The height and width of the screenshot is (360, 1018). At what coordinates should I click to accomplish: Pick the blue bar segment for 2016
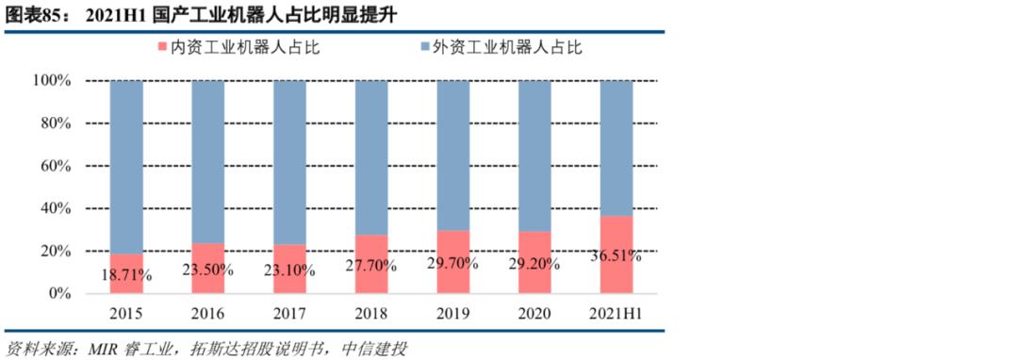click(207, 161)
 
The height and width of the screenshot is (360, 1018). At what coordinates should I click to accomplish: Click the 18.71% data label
click(126, 274)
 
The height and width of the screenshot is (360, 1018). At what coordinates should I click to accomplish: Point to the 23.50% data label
click(207, 266)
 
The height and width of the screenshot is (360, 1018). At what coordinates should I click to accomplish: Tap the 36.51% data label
click(616, 255)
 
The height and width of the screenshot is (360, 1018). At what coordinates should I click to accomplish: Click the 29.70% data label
click(452, 264)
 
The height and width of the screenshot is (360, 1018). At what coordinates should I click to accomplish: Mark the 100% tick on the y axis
click(52, 81)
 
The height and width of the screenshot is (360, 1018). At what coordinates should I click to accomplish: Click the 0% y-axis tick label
click(59, 293)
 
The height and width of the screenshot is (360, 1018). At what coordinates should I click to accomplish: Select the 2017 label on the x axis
click(289, 313)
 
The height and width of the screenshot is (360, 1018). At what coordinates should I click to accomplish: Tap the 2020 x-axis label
click(534, 313)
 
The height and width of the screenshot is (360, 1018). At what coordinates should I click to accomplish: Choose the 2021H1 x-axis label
click(616, 313)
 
